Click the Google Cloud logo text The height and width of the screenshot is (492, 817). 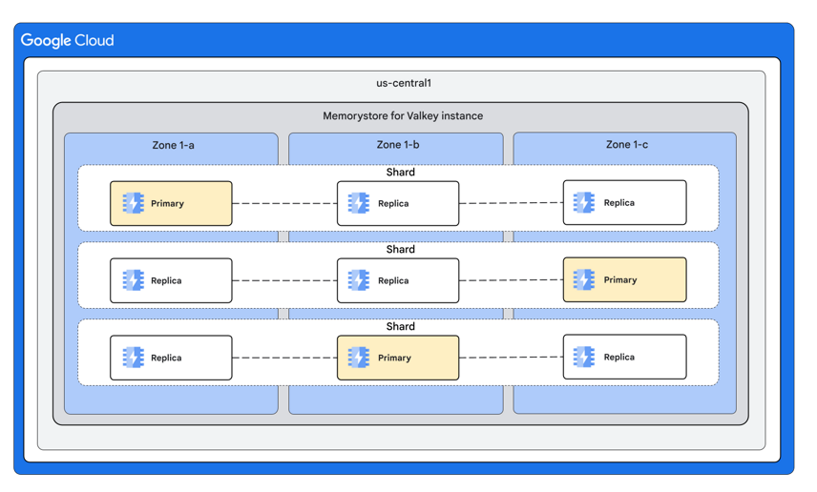pyautogui.click(x=67, y=40)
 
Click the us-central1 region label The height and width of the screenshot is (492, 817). pyautogui.click(x=403, y=83)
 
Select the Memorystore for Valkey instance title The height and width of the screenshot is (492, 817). pyautogui.click(x=402, y=116)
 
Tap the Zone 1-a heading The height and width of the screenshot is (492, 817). pyautogui.click(x=173, y=145)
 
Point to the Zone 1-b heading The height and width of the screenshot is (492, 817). pyautogui.click(x=397, y=145)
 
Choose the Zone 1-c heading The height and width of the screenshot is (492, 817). pyautogui.click(x=626, y=145)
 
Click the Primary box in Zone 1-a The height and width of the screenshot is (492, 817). pyautogui.click(x=171, y=203)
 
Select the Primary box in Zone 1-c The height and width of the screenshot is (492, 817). pyautogui.click(x=624, y=279)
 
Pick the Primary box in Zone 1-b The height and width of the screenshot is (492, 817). pyautogui.click(x=397, y=358)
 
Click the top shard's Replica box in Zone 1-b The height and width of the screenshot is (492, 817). pyautogui.click(x=397, y=203)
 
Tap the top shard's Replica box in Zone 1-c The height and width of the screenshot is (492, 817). pyautogui.click(x=624, y=202)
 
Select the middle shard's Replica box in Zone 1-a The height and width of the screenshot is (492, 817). pyautogui.click(x=171, y=280)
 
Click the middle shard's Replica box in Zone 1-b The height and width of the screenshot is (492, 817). pyautogui.click(x=397, y=280)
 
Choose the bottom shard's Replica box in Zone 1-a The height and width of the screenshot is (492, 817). pyautogui.click(x=171, y=358)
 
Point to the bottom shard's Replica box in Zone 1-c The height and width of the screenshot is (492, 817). pyautogui.click(x=624, y=357)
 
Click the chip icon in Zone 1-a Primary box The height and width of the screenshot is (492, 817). pyautogui.click(x=133, y=203)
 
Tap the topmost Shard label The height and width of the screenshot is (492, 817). pyautogui.click(x=400, y=173)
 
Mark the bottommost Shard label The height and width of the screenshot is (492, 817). pyautogui.click(x=400, y=326)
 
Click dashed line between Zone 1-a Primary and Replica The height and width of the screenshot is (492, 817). pyautogui.click(x=284, y=203)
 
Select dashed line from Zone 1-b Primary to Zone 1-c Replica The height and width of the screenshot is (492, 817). pyautogui.click(x=511, y=358)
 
